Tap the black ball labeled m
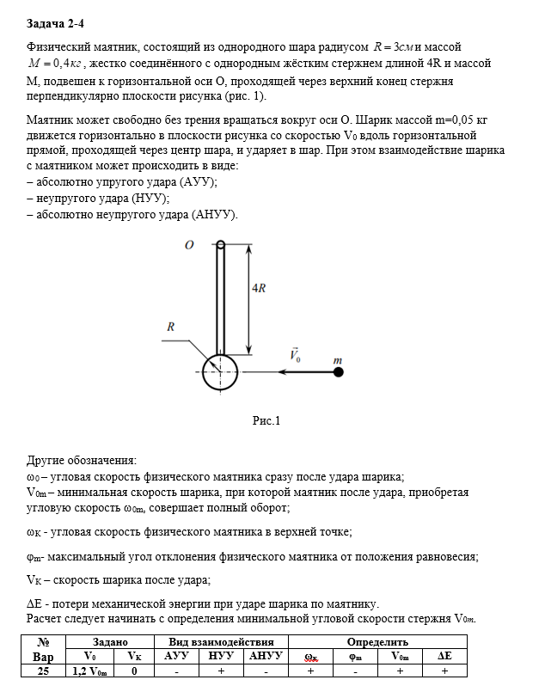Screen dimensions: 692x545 339,371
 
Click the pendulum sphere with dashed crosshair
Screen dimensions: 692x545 220,371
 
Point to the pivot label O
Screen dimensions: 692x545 189,245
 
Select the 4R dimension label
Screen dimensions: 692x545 257,289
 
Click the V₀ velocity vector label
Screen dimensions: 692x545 296,354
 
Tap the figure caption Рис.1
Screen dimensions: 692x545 266,420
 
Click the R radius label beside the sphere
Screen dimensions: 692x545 171,328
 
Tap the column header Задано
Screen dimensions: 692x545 110,641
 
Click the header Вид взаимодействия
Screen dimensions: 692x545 222,641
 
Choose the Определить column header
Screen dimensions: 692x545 377,641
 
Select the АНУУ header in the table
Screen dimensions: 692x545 266,657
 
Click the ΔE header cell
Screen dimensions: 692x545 444,657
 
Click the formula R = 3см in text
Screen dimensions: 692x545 394,46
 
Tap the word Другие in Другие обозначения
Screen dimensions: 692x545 48,460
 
